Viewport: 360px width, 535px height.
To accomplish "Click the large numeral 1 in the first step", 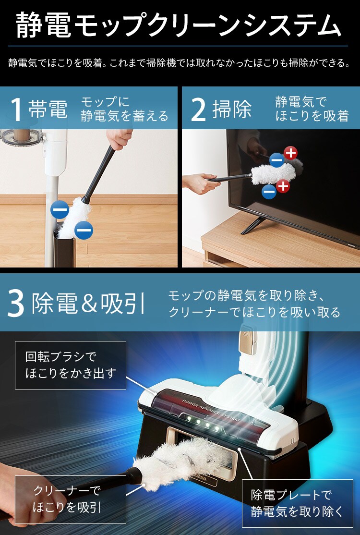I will pyautogui.click(x=16, y=109).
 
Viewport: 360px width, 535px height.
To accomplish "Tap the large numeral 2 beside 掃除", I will pyautogui.click(x=198, y=109).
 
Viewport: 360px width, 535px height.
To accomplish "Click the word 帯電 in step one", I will pyautogui.click(x=48, y=109).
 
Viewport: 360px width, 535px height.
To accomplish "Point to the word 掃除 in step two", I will pyautogui.click(x=232, y=109).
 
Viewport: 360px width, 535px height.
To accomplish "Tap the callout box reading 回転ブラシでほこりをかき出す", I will pyautogui.click(x=70, y=365).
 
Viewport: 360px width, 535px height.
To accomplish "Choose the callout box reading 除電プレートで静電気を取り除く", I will pyautogui.click(x=297, y=503).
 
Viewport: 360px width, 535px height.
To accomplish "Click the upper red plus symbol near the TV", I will pyautogui.click(x=290, y=153).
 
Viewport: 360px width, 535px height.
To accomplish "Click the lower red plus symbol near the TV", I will pyautogui.click(x=283, y=185).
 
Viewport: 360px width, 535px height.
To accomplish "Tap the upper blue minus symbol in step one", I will pyautogui.click(x=60, y=210).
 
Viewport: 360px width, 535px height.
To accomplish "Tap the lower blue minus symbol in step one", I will pyautogui.click(x=84, y=231).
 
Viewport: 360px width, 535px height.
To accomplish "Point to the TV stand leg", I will pyautogui.click(x=253, y=225).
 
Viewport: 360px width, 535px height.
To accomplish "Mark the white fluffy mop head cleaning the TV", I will pyautogui.click(x=278, y=171).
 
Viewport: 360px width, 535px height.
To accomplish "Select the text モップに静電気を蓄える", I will pyautogui.click(x=124, y=109).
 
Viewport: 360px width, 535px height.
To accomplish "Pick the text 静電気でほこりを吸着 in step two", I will pyautogui.click(x=312, y=109).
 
